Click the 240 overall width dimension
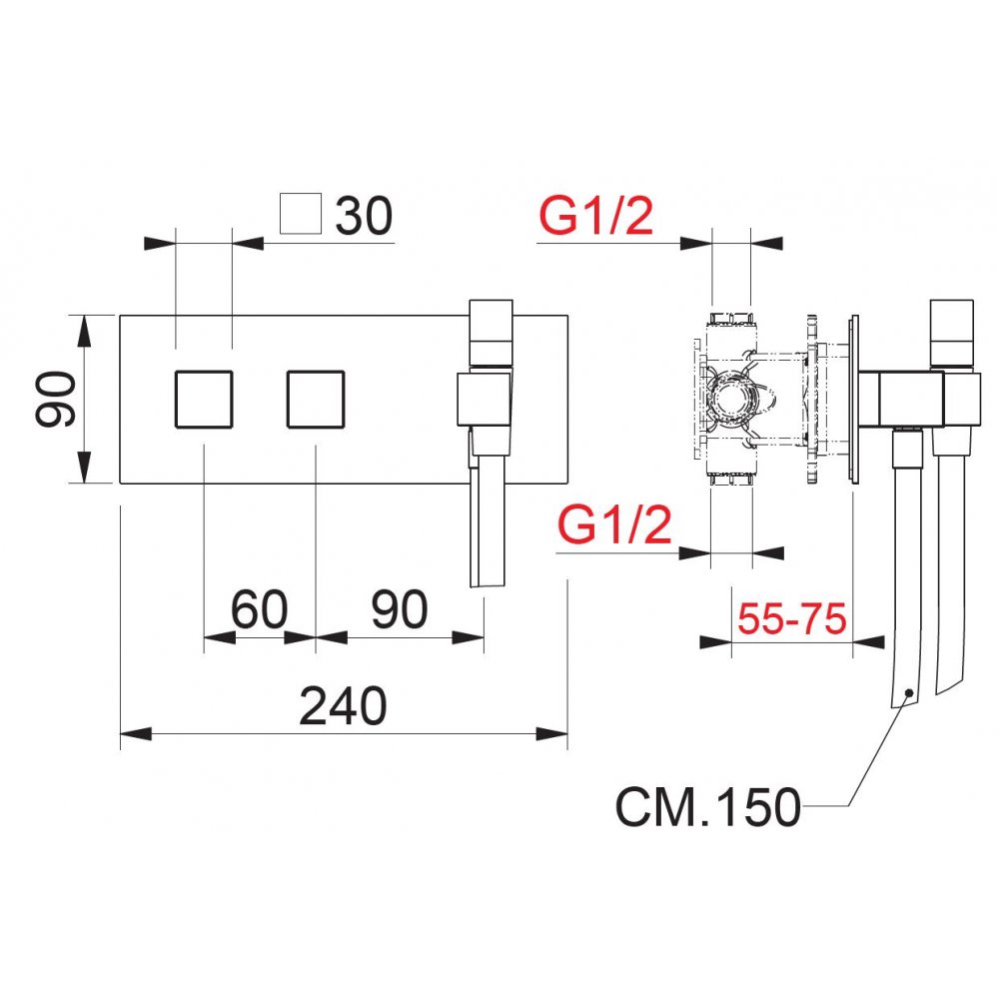(343, 707)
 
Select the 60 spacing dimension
(259, 609)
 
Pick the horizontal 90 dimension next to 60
(399, 609)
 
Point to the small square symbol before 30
(301, 215)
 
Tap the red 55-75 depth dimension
(792, 619)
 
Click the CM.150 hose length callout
(707, 807)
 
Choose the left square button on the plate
(204, 400)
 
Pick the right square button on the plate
(316, 400)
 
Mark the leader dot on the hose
(907, 692)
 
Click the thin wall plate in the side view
(854, 400)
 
